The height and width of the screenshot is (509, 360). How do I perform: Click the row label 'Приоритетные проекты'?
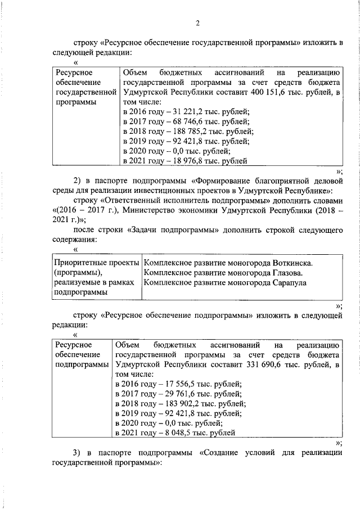click(93, 263)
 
